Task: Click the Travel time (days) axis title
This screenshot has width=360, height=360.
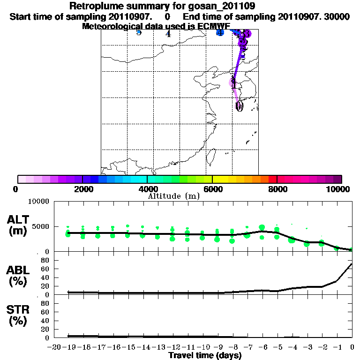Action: [205, 356]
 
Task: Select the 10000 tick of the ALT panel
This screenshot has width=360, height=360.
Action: [39, 202]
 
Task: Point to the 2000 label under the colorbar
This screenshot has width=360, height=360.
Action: [82, 189]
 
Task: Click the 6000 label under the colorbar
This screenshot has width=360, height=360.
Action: [212, 189]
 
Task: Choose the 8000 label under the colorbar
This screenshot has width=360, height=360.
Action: [277, 189]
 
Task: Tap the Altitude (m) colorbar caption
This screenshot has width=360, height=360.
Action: [173, 196]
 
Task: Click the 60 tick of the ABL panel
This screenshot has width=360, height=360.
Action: [46, 269]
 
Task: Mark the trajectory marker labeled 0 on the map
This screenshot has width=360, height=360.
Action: [239, 106]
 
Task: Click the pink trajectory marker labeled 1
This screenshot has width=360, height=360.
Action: [232, 83]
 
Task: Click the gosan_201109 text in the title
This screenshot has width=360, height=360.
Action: [225, 6]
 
